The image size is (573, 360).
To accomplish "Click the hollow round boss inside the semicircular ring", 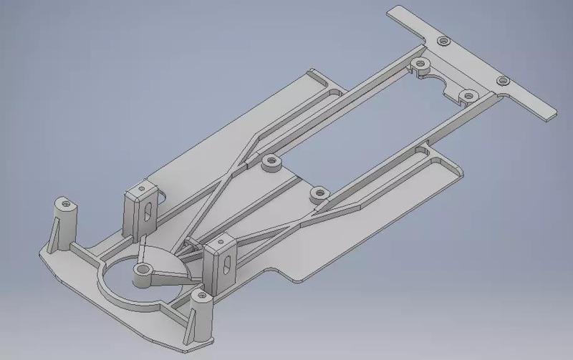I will [x=143, y=270].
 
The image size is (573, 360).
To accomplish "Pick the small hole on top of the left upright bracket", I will [x=143, y=190].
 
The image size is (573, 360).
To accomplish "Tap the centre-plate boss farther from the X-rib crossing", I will [x=317, y=191].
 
